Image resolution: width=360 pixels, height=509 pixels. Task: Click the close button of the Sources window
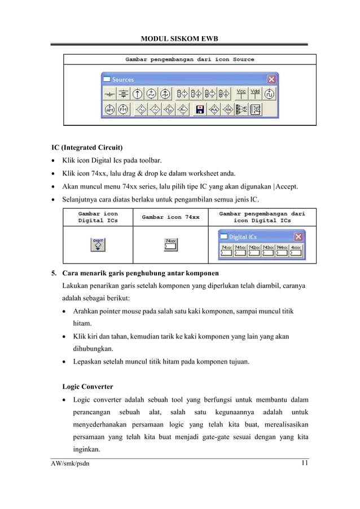pyautogui.click(x=271, y=80)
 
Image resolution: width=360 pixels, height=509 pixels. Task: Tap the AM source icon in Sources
pyautogui.click(x=110, y=108)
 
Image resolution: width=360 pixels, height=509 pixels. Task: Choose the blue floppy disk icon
pyautogui.click(x=199, y=108)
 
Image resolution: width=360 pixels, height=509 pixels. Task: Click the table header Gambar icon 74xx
pyautogui.click(x=170, y=217)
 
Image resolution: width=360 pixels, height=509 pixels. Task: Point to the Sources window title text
pyautogui.click(x=122, y=80)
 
